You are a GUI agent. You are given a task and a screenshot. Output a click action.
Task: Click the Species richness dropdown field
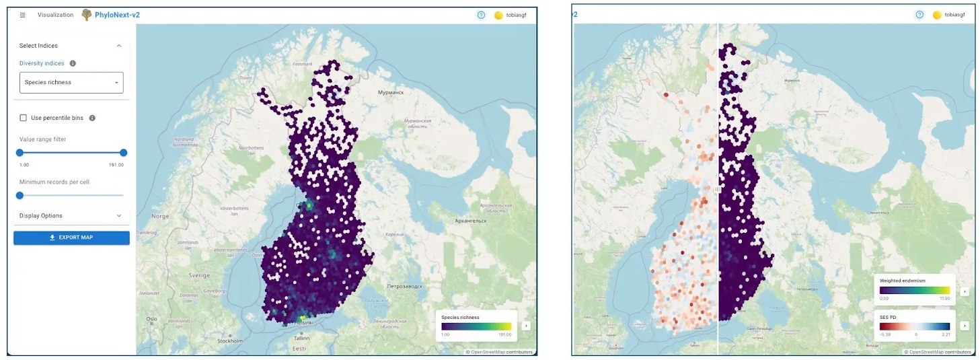coord(71,83)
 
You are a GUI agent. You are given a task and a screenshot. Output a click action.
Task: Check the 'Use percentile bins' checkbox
coord(24,118)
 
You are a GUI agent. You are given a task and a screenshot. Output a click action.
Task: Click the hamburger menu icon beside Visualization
coord(23,15)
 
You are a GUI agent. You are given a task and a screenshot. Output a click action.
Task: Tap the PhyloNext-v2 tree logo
coord(86,15)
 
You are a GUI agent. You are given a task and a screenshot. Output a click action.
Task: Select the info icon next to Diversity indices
coord(73,63)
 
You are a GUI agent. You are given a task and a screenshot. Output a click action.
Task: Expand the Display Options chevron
coord(119,216)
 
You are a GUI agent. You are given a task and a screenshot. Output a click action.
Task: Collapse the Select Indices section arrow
coord(119,46)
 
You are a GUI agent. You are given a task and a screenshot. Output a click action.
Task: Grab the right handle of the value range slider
coord(123,153)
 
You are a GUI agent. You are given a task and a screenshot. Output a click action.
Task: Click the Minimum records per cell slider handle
coord(20,195)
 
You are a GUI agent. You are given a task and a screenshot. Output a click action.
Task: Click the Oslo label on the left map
coord(151,319)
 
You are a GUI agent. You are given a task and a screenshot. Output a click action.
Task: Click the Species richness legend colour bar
coord(476,326)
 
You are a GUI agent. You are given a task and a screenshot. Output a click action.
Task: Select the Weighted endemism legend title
coord(902,281)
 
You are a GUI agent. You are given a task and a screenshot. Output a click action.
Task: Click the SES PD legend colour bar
coord(915,326)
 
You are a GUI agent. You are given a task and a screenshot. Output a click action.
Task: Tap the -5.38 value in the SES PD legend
coord(886,334)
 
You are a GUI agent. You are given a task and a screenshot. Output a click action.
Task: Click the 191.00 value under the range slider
coord(116,165)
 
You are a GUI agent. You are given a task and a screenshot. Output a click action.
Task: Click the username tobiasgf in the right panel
coord(955,15)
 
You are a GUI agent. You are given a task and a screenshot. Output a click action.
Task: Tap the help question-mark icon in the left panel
coord(481,15)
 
